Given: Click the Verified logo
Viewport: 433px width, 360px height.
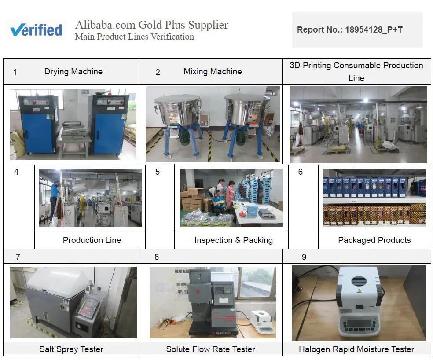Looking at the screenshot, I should coord(37,30).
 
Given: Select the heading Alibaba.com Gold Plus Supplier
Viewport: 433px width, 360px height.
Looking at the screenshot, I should coord(151,25).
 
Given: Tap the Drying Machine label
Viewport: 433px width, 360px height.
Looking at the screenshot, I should coord(73,71).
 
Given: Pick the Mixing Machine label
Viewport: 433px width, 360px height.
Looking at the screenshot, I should coord(213,71).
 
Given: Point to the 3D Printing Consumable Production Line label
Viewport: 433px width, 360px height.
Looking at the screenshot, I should coord(356,71).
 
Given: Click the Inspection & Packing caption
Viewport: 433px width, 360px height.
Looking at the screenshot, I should coord(233,240).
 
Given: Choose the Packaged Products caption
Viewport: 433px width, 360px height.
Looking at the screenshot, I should coord(374,240).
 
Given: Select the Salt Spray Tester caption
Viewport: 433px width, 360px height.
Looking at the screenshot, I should coord(71,349).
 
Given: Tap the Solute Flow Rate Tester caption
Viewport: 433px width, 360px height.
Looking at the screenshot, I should coord(210,349).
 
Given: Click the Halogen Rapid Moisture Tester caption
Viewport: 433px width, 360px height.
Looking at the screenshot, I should coord(356,349).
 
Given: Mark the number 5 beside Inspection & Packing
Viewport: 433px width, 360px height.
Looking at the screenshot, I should coord(158,172).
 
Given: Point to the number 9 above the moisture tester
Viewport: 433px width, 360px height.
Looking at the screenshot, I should coord(304,257).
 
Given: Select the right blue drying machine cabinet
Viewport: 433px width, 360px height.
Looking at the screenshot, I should coord(108,123).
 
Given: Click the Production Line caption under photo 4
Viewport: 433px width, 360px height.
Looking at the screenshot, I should coord(92,240).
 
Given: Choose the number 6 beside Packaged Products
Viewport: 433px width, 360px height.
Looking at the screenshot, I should coord(301,172).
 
